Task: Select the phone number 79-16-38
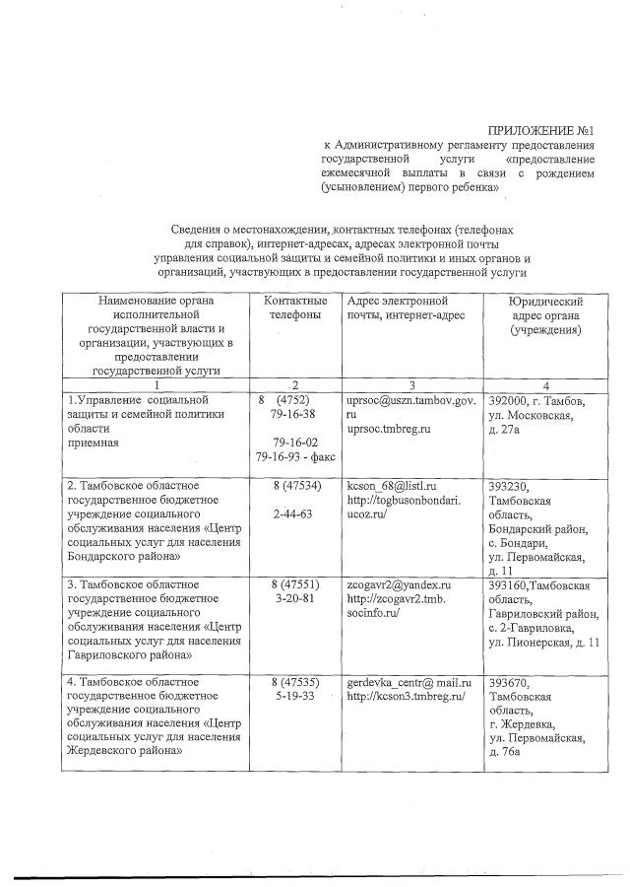[x=293, y=416]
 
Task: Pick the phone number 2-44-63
[x=293, y=514]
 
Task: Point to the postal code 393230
[x=511, y=486]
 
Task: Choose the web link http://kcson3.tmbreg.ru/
[x=405, y=697]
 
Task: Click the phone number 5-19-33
[x=293, y=697]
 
